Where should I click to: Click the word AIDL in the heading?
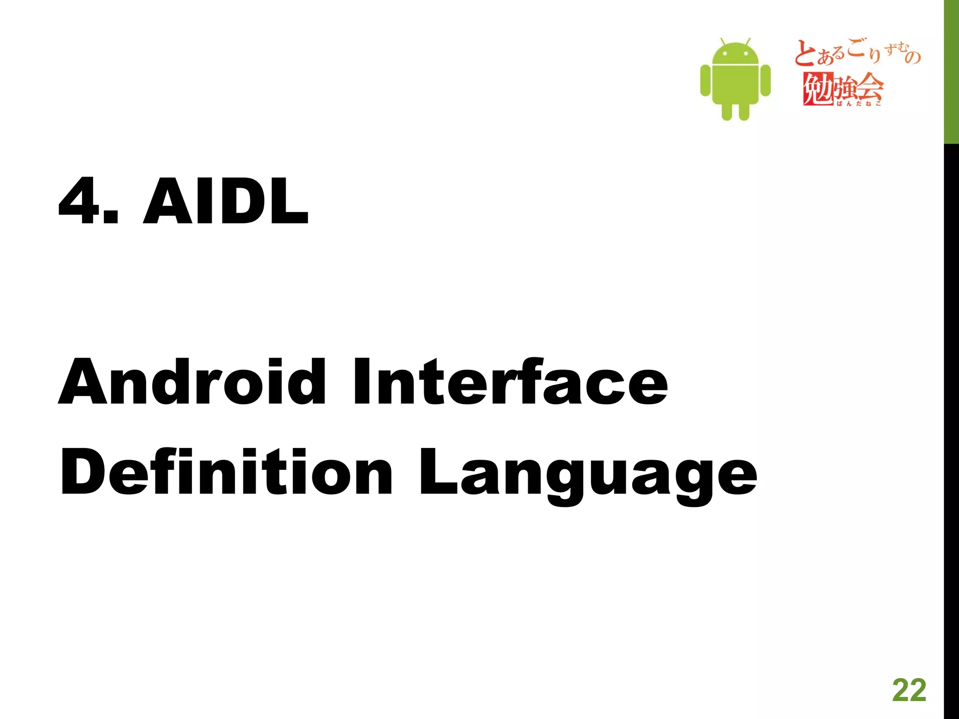click(226, 202)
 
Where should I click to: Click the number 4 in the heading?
click(78, 202)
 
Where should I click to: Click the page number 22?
click(909, 690)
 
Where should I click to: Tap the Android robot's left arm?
click(705, 80)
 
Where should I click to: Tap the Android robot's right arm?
click(766, 80)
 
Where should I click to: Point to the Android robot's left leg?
click(727, 111)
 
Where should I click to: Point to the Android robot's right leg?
click(744, 111)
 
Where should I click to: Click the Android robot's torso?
click(735, 84)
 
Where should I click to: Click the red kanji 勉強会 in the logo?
click(843, 88)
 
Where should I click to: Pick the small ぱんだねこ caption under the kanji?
click(859, 104)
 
